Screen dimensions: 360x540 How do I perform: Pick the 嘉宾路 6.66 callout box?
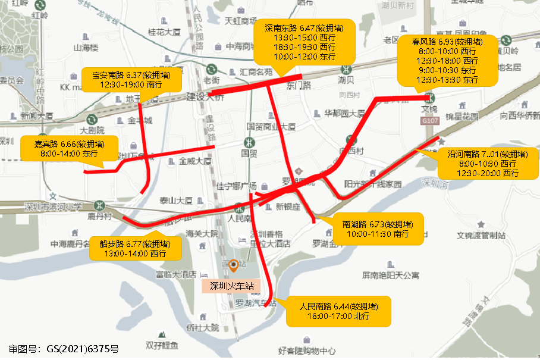pos(70,148)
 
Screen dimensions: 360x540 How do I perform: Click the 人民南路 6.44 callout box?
pos(338,311)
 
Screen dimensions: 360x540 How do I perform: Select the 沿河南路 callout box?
pos(487,164)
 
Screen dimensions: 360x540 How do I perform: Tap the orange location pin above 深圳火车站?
pos(234,266)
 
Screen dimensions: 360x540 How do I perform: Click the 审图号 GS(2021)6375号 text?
pos(64,349)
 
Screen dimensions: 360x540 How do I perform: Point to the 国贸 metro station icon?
pos(248,143)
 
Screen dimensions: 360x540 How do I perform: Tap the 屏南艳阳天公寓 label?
pos(390,276)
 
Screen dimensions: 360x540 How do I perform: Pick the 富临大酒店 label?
pos(176,274)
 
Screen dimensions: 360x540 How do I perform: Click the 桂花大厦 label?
pos(164,32)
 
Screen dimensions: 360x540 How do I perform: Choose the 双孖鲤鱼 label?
pos(161,345)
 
